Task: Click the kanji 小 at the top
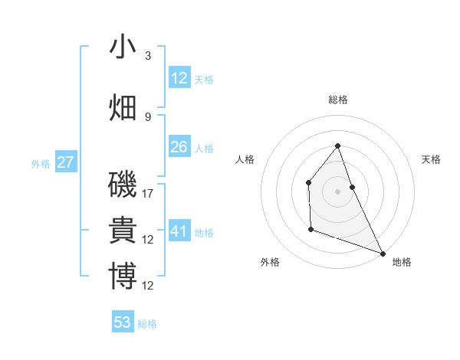click(123, 47)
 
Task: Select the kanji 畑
click(123, 107)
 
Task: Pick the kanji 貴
click(123, 231)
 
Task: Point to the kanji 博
click(123, 277)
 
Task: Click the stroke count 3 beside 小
click(148, 56)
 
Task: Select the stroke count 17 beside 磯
click(149, 194)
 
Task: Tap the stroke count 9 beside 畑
click(148, 116)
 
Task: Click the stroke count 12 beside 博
click(149, 286)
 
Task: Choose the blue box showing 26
click(179, 147)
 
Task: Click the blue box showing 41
click(179, 231)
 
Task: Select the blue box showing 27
click(65, 162)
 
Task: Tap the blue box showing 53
click(123, 322)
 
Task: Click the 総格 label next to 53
click(147, 324)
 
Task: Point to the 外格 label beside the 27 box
click(41, 164)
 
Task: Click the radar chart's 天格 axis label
click(432, 159)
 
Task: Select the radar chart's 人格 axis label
click(245, 159)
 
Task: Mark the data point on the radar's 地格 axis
click(383, 253)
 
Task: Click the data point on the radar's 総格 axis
click(337, 146)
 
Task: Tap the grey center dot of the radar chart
click(337, 191)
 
